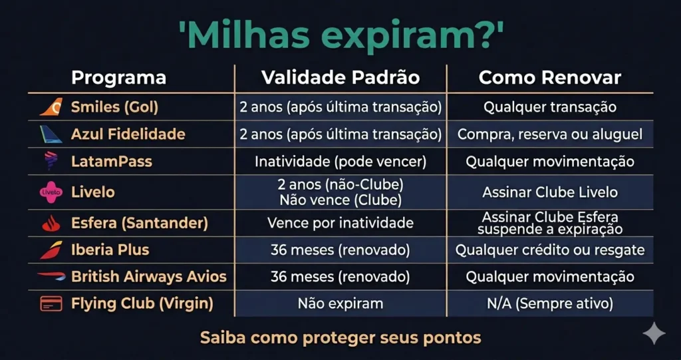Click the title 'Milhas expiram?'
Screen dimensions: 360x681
click(340, 33)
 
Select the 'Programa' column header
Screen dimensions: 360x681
click(118, 77)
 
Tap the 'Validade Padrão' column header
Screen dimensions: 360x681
click(340, 77)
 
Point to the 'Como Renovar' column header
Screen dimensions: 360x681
click(550, 77)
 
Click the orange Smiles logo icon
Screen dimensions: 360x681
click(51, 106)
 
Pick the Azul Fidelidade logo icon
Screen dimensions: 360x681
click(51, 134)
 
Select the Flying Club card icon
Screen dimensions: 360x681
click(51, 303)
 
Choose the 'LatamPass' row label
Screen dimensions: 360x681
click(112, 162)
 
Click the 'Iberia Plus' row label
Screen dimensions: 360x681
click(110, 250)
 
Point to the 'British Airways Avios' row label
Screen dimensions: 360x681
click(149, 276)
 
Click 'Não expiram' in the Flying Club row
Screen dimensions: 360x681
click(340, 303)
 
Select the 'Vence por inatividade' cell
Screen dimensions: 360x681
click(340, 223)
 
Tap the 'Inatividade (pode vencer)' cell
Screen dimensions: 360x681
click(340, 162)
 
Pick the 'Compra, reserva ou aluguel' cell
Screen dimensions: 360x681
click(550, 134)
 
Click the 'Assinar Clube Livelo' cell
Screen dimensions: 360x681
click(550, 192)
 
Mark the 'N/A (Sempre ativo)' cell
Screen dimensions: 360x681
click(550, 303)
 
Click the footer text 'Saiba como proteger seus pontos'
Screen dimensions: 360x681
click(340, 337)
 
